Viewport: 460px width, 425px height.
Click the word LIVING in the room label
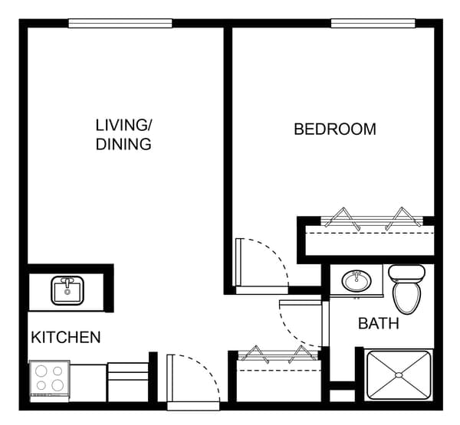point(123,125)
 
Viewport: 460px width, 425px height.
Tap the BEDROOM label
point(335,129)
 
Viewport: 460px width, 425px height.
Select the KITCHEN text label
point(65,337)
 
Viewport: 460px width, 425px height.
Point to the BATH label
point(379,324)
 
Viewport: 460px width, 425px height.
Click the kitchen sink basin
point(67,291)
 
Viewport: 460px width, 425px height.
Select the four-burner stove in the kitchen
point(49,380)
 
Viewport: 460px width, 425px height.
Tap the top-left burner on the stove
point(41,371)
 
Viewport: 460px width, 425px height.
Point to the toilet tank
point(406,273)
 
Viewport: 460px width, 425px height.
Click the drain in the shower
point(398,374)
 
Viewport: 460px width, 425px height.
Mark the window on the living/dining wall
point(120,23)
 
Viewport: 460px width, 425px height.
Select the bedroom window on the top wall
point(373,23)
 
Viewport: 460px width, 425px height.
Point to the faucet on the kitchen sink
point(67,283)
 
